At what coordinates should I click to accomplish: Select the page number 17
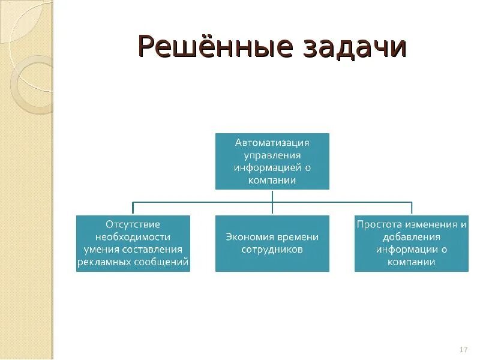click(463, 350)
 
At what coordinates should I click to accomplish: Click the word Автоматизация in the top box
click(272, 142)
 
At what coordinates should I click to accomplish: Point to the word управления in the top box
click(272, 155)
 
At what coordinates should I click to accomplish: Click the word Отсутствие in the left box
click(133, 224)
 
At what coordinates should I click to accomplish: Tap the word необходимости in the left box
click(133, 237)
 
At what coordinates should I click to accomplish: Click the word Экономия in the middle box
click(249, 237)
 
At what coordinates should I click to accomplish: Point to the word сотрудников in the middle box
click(272, 250)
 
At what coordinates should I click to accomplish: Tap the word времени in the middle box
click(297, 237)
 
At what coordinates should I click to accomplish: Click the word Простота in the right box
click(378, 224)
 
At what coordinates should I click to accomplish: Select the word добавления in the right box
click(411, 237)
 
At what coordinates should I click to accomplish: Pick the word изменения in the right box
click(431, 224)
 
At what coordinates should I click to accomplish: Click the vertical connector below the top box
click(272, 197)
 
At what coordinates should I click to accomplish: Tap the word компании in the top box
click(272, 180)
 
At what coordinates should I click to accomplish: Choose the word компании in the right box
click(411, 262)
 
